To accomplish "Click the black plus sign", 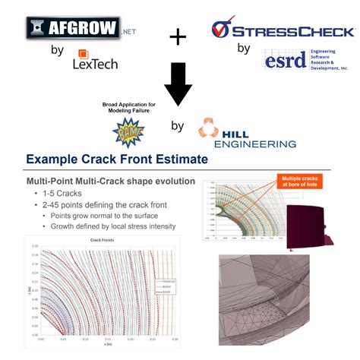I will [178, 36].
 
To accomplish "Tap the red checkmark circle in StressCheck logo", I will [220, 30].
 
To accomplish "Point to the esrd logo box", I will [285, 61].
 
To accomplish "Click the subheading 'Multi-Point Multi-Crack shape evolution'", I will [111, 182].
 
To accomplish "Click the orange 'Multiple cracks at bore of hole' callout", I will [305, 181].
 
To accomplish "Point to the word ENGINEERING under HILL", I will [255, 143].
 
